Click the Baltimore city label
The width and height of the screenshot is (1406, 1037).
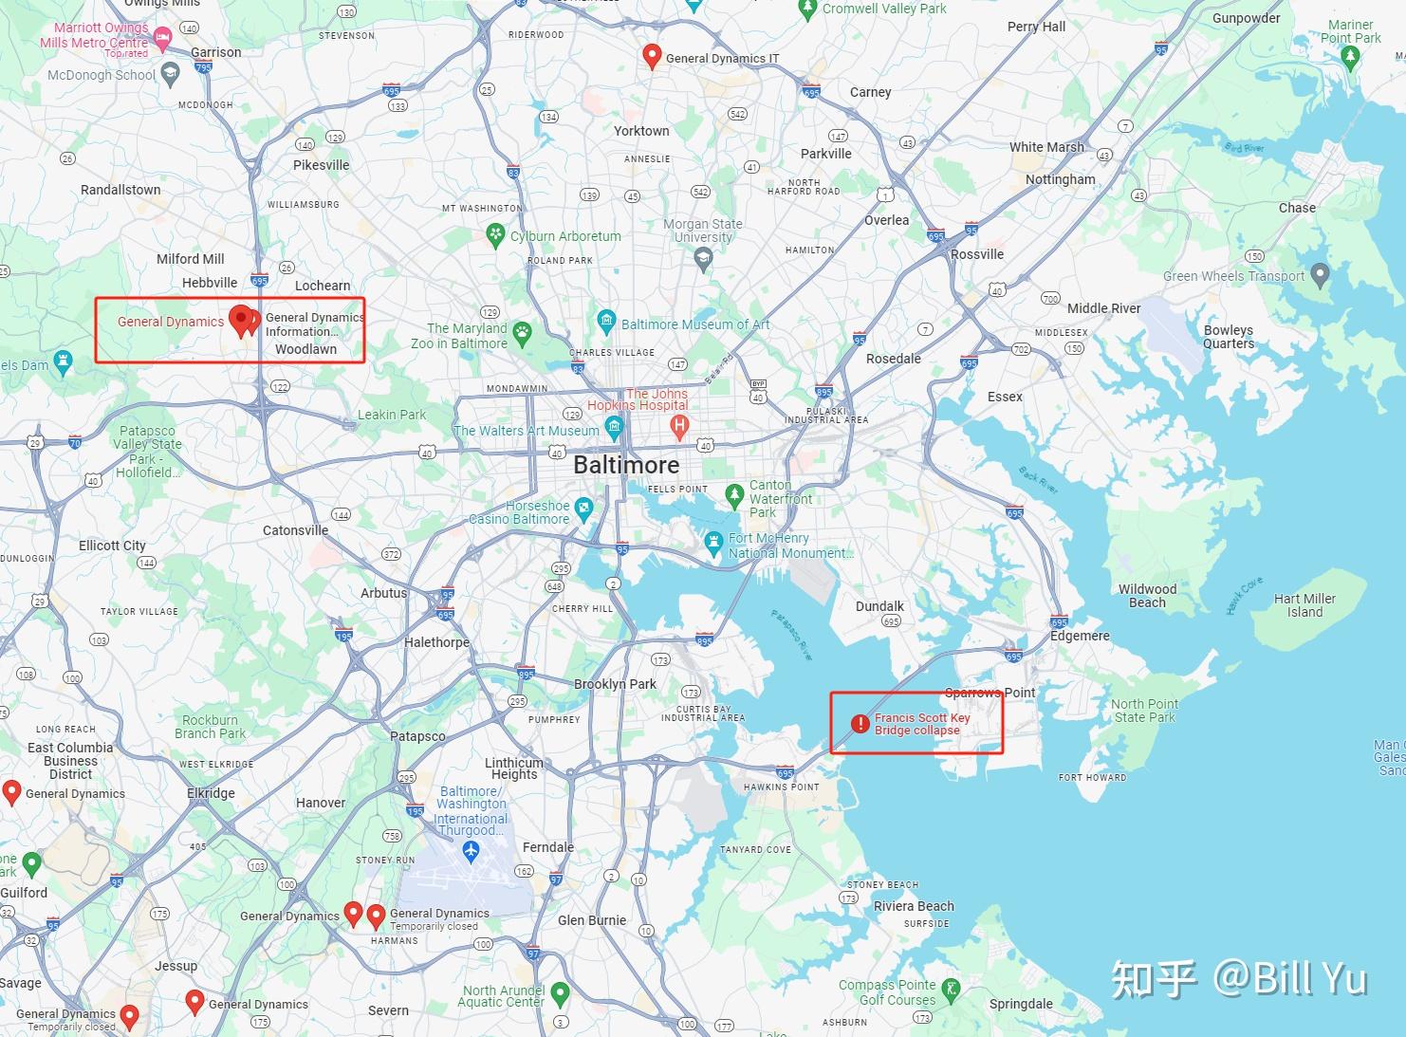[626, 465]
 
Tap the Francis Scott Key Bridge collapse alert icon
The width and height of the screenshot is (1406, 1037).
[860, 724]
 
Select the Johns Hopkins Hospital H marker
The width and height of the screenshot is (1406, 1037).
[679, 427]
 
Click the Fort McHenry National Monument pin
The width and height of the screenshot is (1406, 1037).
[713, 544]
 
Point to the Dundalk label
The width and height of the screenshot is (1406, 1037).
[879, 606]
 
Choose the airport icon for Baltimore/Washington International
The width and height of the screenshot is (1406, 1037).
[471, 851]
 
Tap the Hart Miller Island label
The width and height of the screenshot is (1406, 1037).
[1304, 605]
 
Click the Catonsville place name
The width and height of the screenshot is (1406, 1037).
[295, 530]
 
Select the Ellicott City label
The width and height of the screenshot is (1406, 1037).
[112, 546]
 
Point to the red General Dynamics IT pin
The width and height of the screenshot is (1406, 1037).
[652, 56]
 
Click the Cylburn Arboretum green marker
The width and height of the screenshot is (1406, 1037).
[494, 235]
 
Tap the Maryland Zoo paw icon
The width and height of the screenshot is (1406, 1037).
[522, 333]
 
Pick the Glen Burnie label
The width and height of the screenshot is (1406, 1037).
[592, 920]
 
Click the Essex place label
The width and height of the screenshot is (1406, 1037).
[1005, 397]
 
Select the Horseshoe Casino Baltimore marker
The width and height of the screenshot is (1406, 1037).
[583, 508]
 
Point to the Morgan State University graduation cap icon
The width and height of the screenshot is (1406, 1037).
[703, 258]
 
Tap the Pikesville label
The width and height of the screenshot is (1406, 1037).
[321, 165]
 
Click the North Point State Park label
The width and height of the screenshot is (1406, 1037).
[1144, 711]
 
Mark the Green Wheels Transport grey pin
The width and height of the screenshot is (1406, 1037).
[1320, 275]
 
